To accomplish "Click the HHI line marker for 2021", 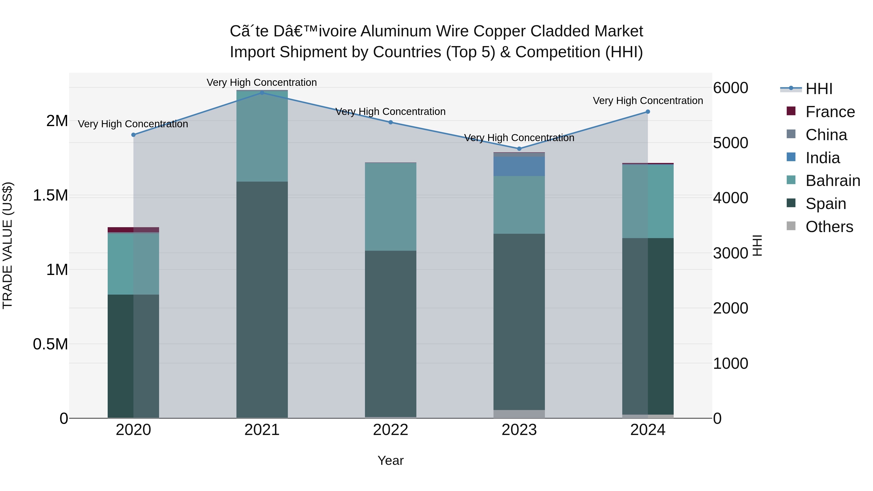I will pos(262,93).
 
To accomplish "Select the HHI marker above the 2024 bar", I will pos(648,112).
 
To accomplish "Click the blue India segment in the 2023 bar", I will pos(519,166).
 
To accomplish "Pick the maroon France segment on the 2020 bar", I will pos(133,230).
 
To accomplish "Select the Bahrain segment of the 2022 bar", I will pos(390,207).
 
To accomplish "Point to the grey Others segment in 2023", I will pos(519,414).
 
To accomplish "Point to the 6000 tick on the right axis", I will pos(730,88).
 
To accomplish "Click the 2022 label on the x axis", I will pos(390,430).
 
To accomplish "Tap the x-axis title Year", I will pos(390,460).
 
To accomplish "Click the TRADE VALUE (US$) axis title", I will pos(8,245).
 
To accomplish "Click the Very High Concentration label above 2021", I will pos(262,82).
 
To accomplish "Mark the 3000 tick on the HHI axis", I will pos(730,253).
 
